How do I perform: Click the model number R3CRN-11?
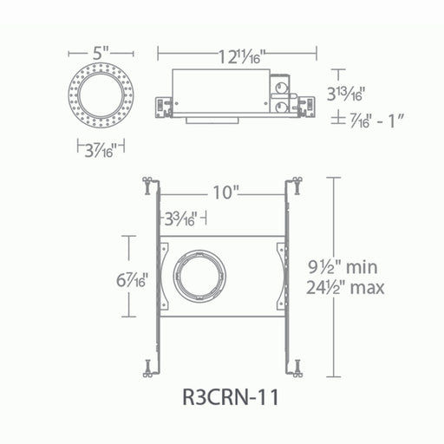(x=231, y=397)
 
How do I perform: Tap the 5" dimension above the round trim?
(x=101, y=53)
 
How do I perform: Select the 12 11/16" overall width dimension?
(x=241, y=56)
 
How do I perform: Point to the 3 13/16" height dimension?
(x=344, y=94)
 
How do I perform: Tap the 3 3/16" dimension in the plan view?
(x=181, y=219)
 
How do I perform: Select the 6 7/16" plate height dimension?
(x=132, y=280)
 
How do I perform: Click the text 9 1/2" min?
(x=343, y=267)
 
